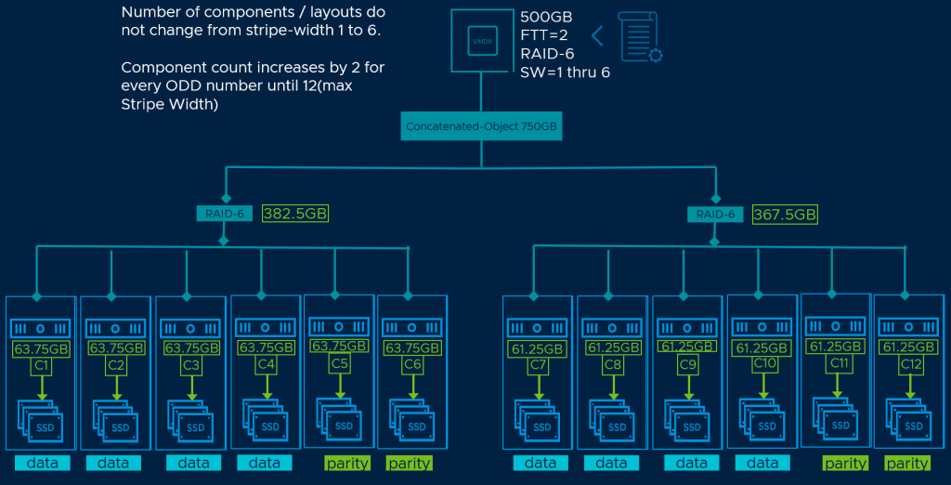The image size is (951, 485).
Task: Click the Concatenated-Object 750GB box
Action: point(481,125)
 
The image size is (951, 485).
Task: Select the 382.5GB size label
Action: point(294,214)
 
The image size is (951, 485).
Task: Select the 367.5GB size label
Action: point(785,215)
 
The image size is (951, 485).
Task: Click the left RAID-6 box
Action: point(223,214)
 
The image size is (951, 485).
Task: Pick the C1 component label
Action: point(41,366)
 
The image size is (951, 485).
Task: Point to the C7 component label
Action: point(537,366)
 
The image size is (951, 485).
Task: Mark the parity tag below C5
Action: point(346,463)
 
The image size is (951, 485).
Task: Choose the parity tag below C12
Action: point(907,463)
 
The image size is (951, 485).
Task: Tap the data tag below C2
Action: point(112,463)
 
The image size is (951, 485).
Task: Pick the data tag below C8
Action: point(612,463)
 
